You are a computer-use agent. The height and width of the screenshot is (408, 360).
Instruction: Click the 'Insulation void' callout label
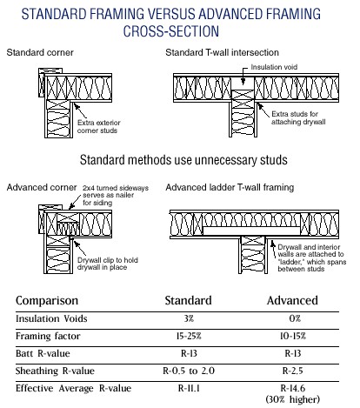[274, 67]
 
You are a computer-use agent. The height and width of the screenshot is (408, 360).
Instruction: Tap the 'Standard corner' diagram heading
[40, 52]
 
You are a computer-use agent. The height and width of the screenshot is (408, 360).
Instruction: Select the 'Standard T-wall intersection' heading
[222, 52]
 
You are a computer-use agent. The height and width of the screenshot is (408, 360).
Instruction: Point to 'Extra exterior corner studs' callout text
[98, 126]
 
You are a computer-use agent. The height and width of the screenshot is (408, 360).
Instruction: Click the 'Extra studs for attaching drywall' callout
[298, 117]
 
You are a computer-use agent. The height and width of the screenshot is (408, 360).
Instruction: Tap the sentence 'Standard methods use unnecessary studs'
[183, 160]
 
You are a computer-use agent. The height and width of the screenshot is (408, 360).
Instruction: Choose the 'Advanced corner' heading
[42, 187]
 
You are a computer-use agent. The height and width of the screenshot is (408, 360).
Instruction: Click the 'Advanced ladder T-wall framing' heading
[230, 187]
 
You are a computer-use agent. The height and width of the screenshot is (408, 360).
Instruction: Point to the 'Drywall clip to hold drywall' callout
[108, 264]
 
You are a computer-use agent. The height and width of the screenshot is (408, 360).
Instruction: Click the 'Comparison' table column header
[47, 300]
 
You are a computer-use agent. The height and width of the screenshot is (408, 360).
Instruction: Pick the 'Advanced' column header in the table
[292, 300]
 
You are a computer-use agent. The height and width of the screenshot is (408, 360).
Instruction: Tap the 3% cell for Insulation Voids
[189, 318]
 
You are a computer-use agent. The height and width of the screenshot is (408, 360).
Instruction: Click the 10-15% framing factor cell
[293, 336]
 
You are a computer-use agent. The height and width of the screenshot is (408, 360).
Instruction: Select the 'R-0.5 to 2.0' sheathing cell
[189, 371]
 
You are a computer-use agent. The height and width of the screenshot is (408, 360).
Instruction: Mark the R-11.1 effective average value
[189, 388]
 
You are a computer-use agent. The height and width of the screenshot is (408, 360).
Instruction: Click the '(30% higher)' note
[293, 399]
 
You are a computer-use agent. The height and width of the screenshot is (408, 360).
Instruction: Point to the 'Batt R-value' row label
[43, 353]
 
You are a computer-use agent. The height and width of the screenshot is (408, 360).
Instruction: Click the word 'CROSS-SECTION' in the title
[171, 30]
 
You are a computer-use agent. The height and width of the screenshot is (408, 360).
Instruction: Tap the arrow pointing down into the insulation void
[243, 76]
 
